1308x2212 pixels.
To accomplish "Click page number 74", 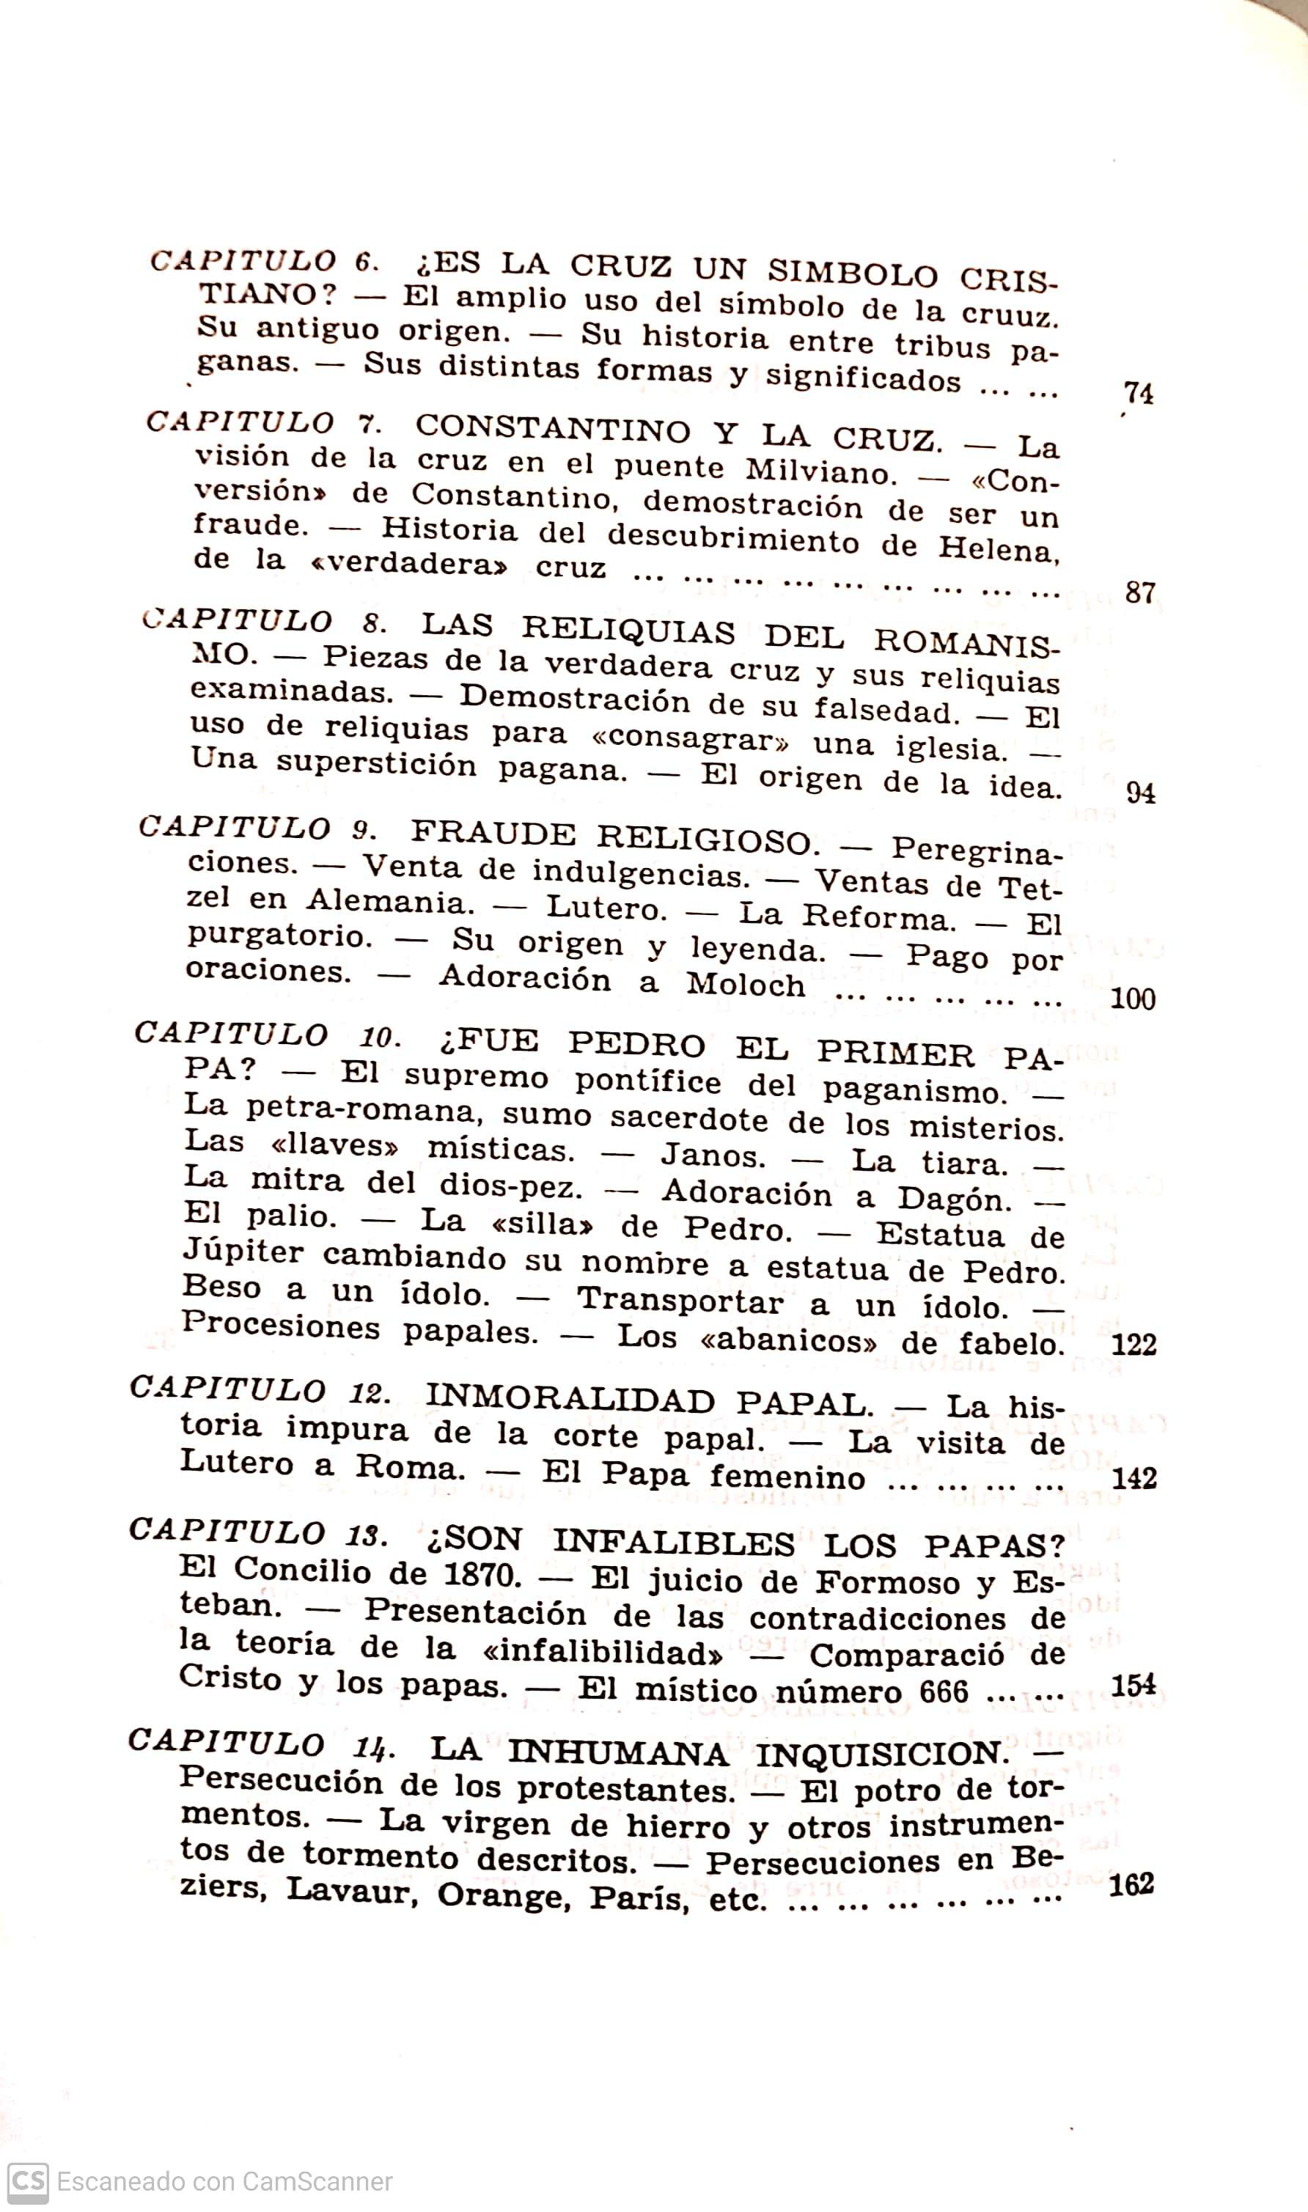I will (x=1139, y=393).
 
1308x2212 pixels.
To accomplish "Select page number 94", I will (x=1141, y=793).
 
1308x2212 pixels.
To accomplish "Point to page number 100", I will (x=1133, y=999).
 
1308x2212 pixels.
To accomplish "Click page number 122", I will (x=1134, y=1344).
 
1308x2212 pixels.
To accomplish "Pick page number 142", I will (x=1134, y=1478).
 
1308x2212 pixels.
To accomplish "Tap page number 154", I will (x=1134, y=1685).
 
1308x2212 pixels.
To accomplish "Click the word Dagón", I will (x=955, y=1199).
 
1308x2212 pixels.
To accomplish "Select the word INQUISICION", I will (x=881, y=1754).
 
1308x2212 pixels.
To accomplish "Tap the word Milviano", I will (x=820, y=471).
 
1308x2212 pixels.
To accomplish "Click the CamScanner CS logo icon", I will (x=27, y=2181).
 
